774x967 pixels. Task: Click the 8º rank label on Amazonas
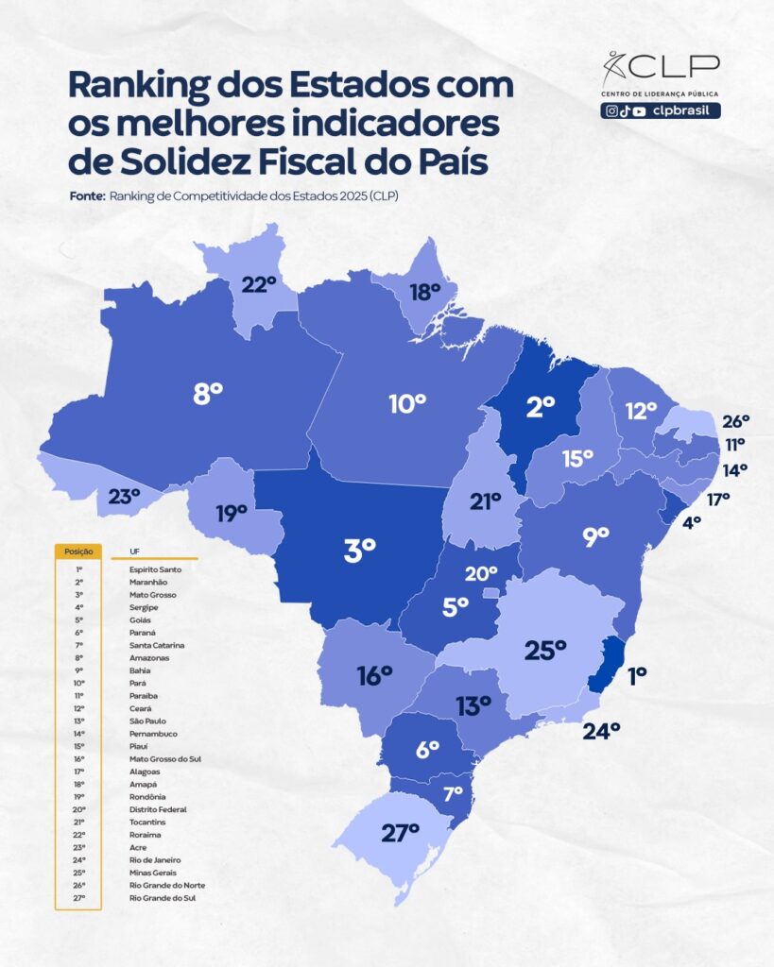[x=207, y=394]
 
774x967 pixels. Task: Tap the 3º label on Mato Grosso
[x=359, y=549]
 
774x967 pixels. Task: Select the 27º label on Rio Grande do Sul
[x=400, y=833]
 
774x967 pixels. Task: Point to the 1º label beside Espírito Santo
[x=637, y=674]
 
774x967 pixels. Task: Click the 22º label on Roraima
[x=258, y=283]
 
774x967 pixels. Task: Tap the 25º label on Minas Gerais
[x=545, y=649]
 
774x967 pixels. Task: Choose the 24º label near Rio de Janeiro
[x=601, y=729]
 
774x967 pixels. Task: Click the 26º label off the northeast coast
[x=735, y=421]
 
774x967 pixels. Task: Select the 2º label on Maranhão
[x=540, y=407]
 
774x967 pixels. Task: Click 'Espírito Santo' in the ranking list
[x=155, y=569]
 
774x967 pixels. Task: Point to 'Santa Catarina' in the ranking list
[x=157, y=645]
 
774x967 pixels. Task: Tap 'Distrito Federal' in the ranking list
[x=158, y=809]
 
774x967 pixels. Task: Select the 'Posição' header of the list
[x=77, y=550]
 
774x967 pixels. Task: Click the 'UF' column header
[x=120, y=550]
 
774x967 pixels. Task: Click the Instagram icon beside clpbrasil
[x=612, y=110]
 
